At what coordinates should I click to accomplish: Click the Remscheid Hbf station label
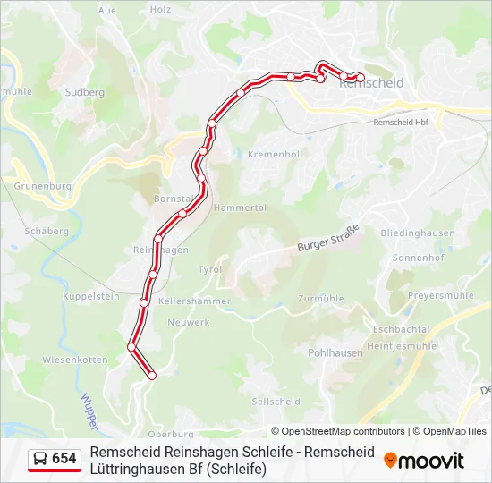point(401,123)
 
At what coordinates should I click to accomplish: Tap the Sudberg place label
point(86,91)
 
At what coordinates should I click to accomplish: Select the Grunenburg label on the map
point(42,186)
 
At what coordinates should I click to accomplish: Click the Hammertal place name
point(242,207)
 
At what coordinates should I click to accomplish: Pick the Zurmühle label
point(320,297)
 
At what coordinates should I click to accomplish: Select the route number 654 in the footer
point(64,459)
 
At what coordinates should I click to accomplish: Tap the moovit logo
point(424,461)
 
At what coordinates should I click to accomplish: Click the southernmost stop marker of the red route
point(151,376)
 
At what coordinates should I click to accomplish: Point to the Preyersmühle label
point(440,295)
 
